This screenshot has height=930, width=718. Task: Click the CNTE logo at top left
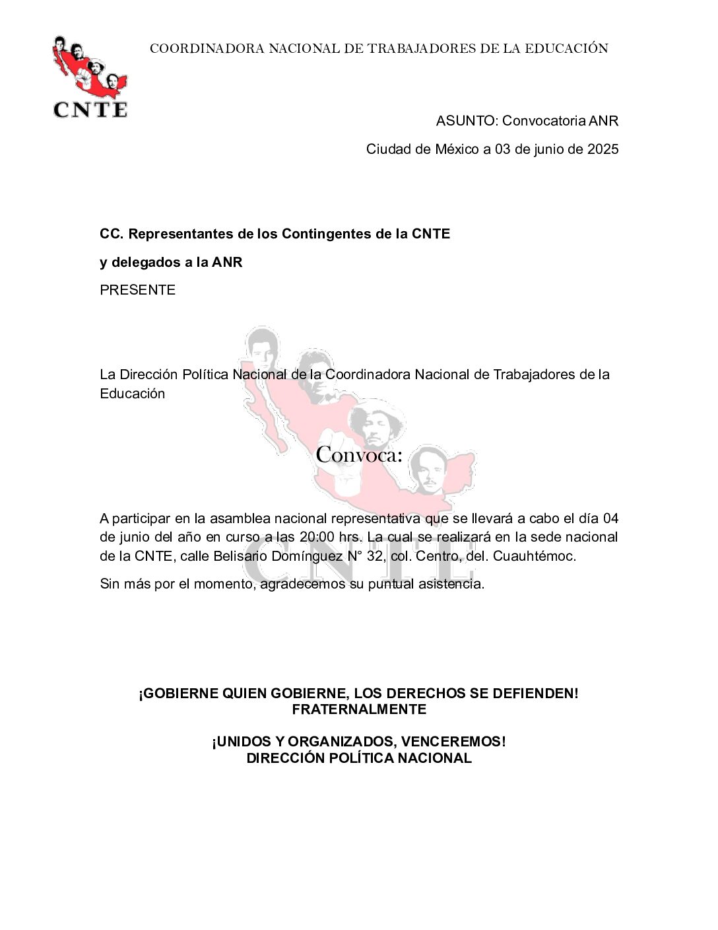pyautogui.click(x=90, y=78)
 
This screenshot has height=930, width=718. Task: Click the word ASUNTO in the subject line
pyautogui.click(x=465, y=121)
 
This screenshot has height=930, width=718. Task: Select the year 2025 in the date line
pyautogui.click(x=603, y=149)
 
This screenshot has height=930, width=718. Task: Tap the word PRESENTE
pyautogui.click(x=137, y=290)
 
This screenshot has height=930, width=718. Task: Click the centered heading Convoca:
pyautogui.click(x=358, y=455)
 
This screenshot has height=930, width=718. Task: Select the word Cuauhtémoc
pyautogui.click(x=534, y=556)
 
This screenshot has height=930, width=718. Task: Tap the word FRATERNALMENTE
pyautogui.click(x=359, y=709)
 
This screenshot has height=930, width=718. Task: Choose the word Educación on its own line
pyautogui.click(x=132, y=394)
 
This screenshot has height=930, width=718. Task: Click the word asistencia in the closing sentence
pyautogui.click(x=451, y=584)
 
